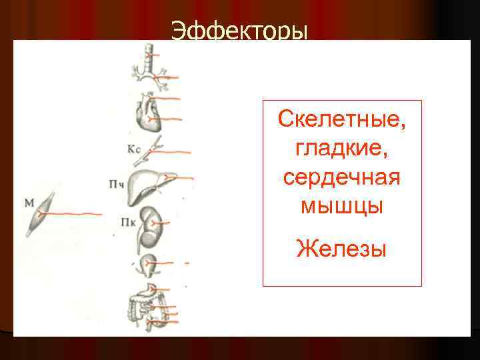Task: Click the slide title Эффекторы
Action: tap(240, 31)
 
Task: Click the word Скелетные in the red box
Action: tap(342, 121)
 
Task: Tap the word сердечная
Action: tap(342, 178)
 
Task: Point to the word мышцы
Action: tap(342, 207)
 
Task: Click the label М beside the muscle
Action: tap(29, 201)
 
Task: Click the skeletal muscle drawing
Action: tap(40, 213)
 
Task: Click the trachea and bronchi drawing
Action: tap(149, 67)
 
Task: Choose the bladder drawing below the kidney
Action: tap(148, 263)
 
